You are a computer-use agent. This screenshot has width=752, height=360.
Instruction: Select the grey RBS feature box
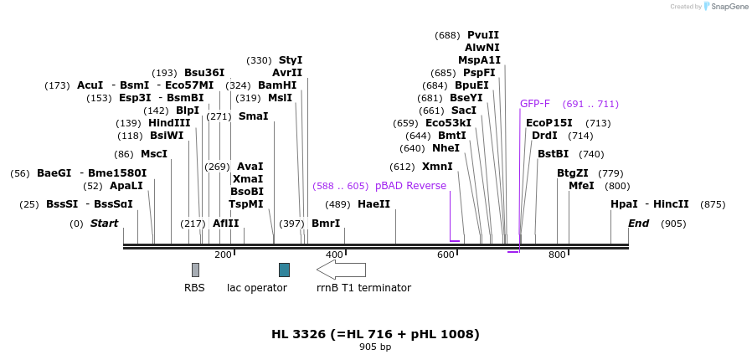(x=195, y=270)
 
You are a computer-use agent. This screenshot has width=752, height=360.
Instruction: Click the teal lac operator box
(x=284, y=270)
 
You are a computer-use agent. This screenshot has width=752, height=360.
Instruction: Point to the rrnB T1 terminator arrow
(x=341, y=270)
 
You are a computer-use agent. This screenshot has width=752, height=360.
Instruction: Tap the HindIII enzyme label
(x=169, y=123)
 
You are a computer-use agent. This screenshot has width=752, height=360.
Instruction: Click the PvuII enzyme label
(x=483, y=35)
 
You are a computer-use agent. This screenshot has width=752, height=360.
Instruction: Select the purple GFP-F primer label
(x=535, y=104)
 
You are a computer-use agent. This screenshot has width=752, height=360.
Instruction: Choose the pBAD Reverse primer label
(x=410, y=186)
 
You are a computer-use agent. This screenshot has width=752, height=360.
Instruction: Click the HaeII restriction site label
(x=373, y=204)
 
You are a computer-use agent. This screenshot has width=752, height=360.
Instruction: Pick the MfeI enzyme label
(x=581, y=186)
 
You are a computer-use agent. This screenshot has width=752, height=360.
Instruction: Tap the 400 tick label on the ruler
(x=334, y=255)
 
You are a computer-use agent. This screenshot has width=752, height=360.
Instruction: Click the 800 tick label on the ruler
(x=557, y=255)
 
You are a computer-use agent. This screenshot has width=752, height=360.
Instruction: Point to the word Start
(x=105, y=224)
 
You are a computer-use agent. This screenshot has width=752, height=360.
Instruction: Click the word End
(x=639, y=224)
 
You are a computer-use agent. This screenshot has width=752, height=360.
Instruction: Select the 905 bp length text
(x=375, y=347)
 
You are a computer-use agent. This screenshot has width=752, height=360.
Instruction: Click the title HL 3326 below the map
(x=375, y=334)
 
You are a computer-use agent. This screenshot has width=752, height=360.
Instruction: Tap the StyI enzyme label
(x=291, y=60)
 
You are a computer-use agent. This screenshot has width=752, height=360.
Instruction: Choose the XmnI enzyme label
(x=437, y=167)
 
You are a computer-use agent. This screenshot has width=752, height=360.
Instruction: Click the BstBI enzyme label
(x=553, y=154)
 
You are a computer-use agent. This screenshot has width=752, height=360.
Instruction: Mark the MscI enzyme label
(x=154, y=154)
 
